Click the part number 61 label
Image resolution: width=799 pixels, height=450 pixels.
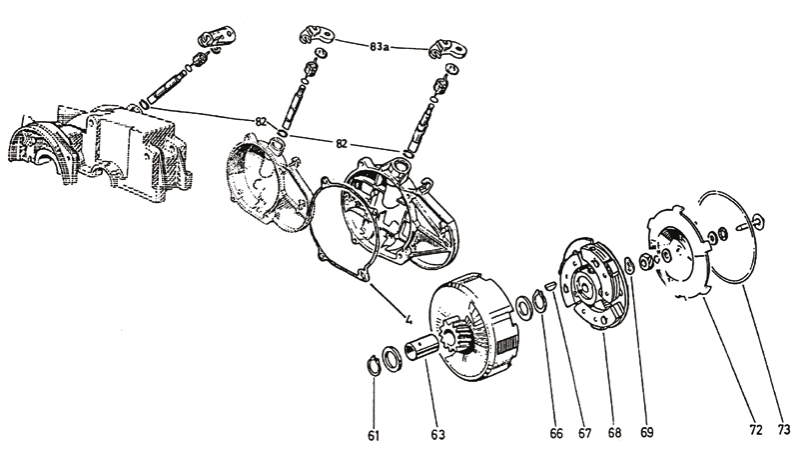point(374,435)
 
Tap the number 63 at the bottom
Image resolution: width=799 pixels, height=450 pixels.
point(437,434)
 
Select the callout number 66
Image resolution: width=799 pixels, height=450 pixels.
point(556,433)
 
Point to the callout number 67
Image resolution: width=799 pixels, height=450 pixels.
point(584,433)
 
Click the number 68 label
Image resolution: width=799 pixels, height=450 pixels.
point(615,433)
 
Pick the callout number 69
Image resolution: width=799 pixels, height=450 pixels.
point(646,432)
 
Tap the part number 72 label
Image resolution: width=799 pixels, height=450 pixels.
point(756,430)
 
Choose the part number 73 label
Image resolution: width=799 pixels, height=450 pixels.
point(784,430)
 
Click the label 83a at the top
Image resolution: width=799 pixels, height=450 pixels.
point(380,47)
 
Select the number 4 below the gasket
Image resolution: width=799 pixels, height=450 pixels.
point(408,320)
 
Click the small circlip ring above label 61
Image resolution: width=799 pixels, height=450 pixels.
point(374,365)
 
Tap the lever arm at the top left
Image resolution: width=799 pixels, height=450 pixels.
point(217,37)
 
